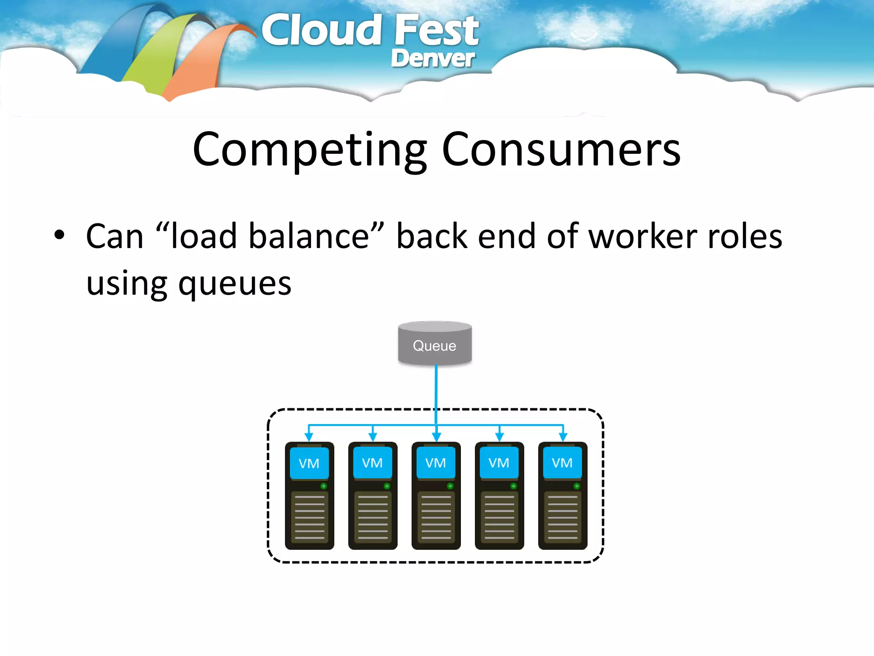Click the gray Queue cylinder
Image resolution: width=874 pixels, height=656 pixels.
click(x=435, y=344)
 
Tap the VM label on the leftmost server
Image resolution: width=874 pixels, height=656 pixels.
click(x=309, y=463)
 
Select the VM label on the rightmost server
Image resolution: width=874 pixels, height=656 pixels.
click(x=562, y=463)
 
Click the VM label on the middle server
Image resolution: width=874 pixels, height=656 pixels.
click(x=436, y=463)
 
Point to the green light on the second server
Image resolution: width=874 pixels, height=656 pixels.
click(x=387, y=486)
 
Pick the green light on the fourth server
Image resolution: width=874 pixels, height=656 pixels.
click(x=513, y=486)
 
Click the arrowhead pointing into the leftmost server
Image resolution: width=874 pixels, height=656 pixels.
click(x=309, y=437)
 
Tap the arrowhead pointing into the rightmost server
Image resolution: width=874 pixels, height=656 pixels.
click(x=563, y=437)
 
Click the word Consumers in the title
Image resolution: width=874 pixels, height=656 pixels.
click(x=561, y=149)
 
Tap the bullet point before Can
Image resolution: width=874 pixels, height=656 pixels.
click(x=59, y=234)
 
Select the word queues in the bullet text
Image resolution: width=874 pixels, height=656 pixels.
click(x=235, y=284)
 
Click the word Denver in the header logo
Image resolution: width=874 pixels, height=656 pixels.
click(x=432, y=59)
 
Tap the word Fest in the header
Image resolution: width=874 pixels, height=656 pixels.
click(x=436, y=31)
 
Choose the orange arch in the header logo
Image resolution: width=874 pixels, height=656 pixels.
click(x=201, y=64)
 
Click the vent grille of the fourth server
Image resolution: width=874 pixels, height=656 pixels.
click(x=499, y=517)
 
